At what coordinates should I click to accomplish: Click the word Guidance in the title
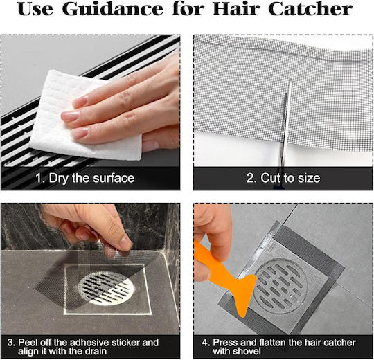113,9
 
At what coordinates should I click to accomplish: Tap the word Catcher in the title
310,9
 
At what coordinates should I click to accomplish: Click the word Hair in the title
238,9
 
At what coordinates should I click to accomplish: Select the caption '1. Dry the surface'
85,178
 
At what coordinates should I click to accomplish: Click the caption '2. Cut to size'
283,178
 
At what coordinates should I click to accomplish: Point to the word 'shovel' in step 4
237,351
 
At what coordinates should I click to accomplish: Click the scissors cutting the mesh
285,134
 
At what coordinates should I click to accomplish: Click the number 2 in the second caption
250,178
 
